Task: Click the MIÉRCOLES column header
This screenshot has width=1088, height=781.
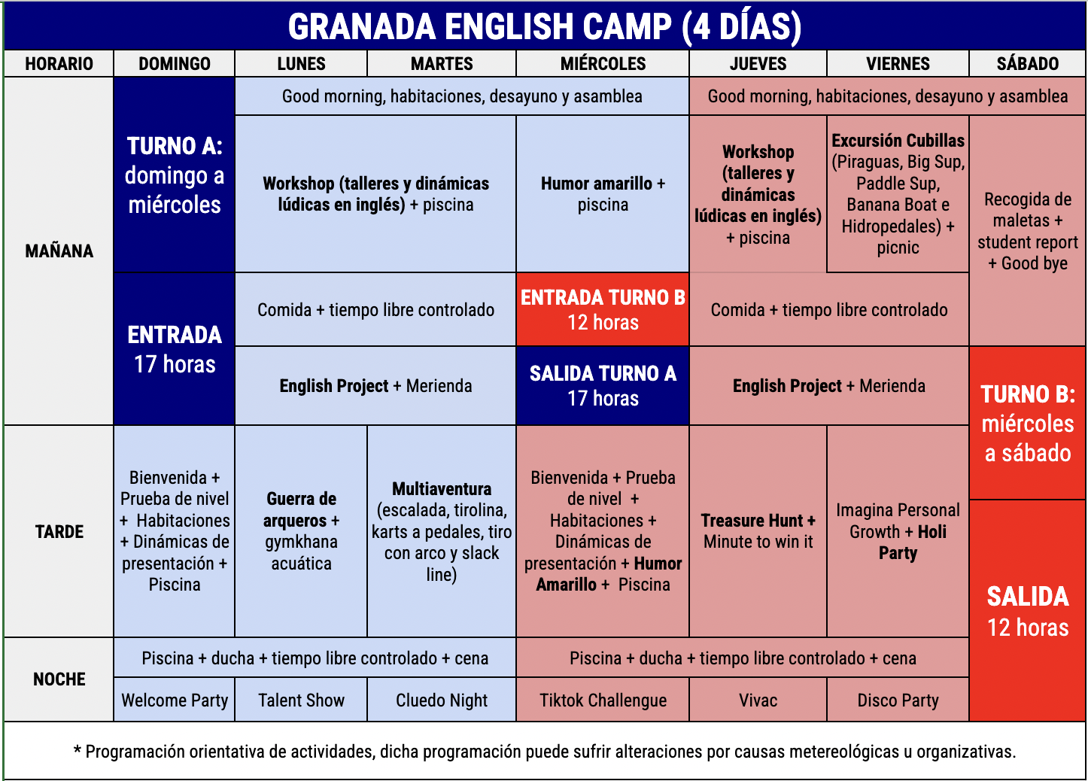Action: pyautogui.click(x=602, y=64)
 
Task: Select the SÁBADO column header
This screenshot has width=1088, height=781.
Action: pyautogui.click(x=1027, y=64)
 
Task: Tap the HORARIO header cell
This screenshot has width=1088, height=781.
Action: pyautogui.click(x=59, y=64)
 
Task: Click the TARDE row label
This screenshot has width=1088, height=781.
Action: pyautogui.click(x=59, y=531)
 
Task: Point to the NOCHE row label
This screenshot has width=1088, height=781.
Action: pyautogui.click(x=59, y=679)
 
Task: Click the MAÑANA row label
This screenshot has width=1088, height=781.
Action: pyautogui.click(x=59, y=251)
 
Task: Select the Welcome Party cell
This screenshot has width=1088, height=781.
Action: pyautogui.click(x=175, y=700)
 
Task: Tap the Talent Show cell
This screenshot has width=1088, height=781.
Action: pyautogui.click(x=301, y=700)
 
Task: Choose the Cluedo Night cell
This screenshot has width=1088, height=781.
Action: pyautogui.click(x=442, y=700)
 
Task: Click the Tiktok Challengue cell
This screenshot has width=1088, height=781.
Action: pyautogui.click(x=603, y=700)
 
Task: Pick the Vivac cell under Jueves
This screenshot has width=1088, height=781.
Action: pyautogui.click(x=758, y=700)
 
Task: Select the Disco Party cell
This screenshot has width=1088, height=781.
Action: pyautogui.click(x=898, y=700)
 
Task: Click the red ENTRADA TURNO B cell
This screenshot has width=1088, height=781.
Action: pyautogui.click(x=603, y=309)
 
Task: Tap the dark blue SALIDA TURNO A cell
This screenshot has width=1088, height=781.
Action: pyautogui.click(x=603, y=386)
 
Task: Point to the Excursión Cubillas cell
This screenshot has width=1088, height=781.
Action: pyautogui.click(x=898, y=194)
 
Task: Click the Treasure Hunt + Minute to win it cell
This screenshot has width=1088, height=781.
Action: pyautogui.click(x=758, y=531)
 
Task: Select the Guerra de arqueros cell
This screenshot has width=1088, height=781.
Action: pyautogui.click(x=301, y=531)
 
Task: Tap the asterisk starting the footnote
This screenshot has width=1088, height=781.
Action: pyautogui.click(x=77, y=750)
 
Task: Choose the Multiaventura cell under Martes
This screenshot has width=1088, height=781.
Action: pyautogui.click(x=442, y=531)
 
